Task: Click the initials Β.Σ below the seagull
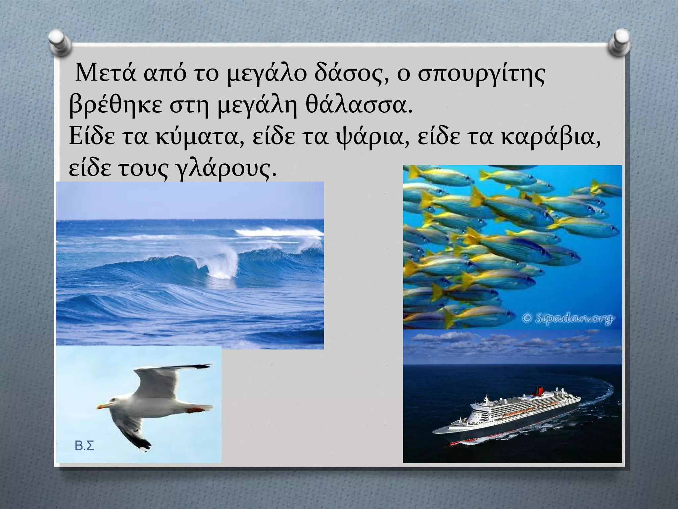pos(84,446)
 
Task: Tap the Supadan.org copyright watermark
pos(567,318)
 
